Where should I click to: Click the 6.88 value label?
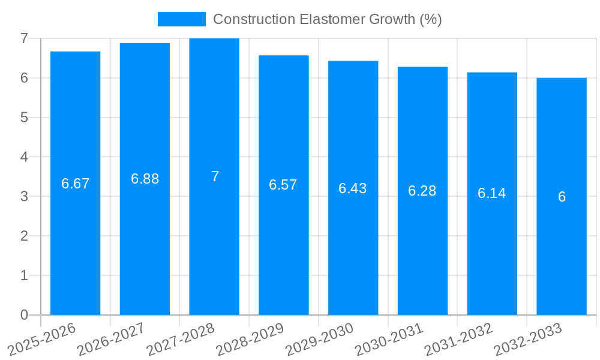[145, 179]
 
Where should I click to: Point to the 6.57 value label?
[283, 185]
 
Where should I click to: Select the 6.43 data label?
[353, 188]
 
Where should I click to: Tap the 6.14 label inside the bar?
[491, 193]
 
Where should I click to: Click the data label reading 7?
[215, 176]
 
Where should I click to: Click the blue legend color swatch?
[181, 19]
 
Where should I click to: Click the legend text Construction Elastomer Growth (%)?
[328, 19]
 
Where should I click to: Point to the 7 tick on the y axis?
[24, 38]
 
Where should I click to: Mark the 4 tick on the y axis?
[24, 157]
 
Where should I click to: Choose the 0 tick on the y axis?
[24, 315]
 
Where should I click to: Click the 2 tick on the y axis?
[24, 236]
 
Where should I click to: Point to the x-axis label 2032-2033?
[528, 340]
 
